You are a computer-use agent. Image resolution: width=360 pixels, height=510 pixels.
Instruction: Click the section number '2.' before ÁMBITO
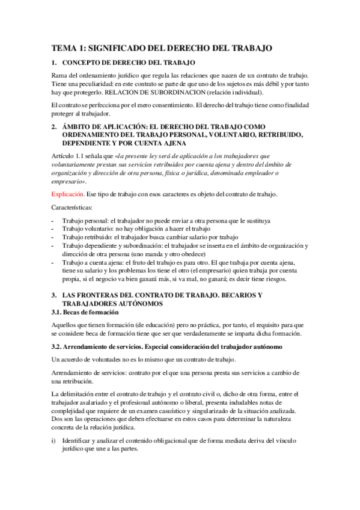click(x=54, y=127)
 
